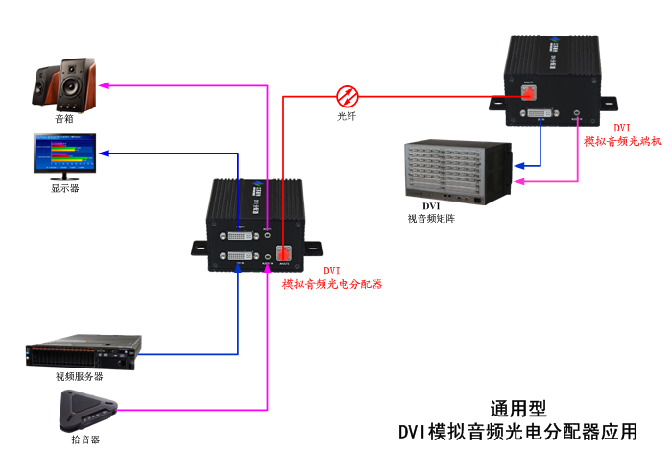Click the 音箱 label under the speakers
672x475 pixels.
coord(64,119)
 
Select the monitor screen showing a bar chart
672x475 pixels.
coord(64,152)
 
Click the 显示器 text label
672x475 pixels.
coord(64,189)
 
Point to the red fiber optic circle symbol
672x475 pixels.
coord(348,95)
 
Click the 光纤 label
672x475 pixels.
coord(348,117)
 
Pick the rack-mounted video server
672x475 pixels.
coord(84,350)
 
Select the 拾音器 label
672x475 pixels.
coord(84,439)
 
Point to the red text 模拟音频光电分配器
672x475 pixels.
coord(332,284)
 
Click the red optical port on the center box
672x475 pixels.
coord(284,255)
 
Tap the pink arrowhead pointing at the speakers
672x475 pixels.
coord(107,86)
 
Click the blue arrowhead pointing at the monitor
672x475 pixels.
coord(104,154)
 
